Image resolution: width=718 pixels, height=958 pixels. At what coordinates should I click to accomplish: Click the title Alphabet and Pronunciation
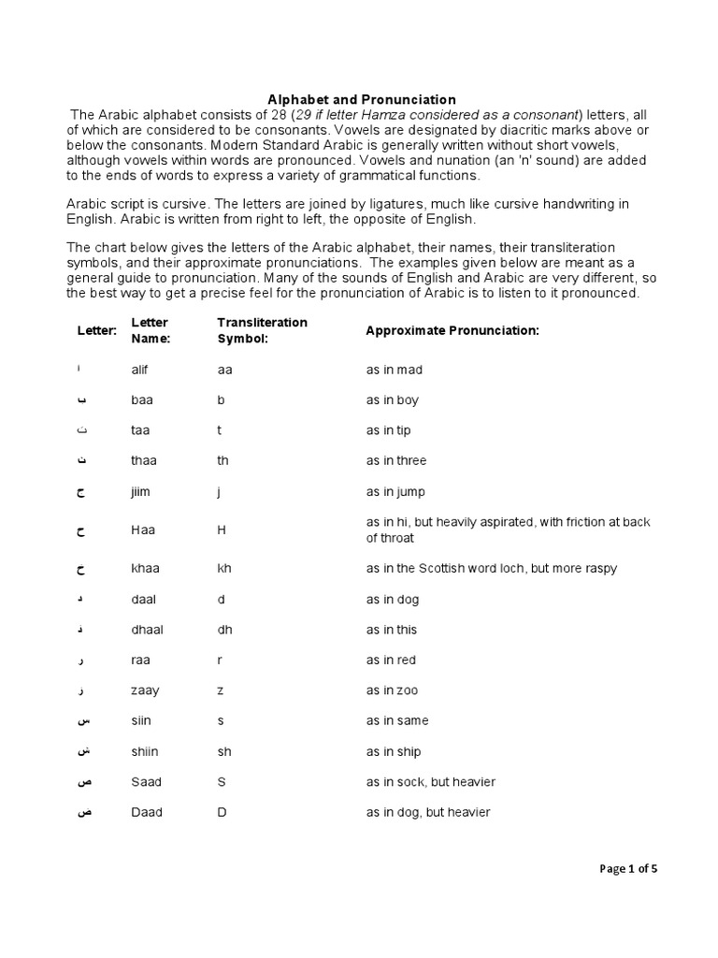click(x=362, y=99)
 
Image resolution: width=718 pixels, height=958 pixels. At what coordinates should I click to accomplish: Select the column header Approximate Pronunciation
click(x=452, y=331)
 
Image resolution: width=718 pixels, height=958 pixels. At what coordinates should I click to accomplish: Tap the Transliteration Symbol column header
click(x=262, y=330)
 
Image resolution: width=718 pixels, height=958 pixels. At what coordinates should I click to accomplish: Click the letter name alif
click(x=140, y=370)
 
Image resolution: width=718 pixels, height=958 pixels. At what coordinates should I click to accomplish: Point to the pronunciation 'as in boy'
click(x=393, y=400)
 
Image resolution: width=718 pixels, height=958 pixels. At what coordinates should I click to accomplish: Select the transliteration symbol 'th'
click(x=223, y=461)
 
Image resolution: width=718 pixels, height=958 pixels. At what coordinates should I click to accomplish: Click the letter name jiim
click(x=141, y=492)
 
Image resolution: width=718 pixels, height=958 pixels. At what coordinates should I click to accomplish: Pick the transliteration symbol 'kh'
click(x=224, y=569)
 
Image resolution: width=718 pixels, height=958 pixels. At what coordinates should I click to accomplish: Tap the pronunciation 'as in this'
click(x=392, y=630)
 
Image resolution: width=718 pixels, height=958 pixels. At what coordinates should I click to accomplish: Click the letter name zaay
click(x=145, y=690)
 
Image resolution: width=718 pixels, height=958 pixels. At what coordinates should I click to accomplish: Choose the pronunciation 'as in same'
click(x=396, y=721)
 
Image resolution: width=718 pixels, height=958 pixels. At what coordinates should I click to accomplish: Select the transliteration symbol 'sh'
click(x=224, y=751)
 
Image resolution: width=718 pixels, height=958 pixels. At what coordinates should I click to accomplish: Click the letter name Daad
click(x=147, y=812)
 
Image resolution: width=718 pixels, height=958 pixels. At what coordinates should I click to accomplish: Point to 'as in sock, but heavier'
click(x=431, y=782)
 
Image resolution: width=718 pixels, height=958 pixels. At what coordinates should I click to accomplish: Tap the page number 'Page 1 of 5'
click(x=628, y=869)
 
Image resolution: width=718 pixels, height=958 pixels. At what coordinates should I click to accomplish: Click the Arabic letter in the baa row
click(x=81, y=400)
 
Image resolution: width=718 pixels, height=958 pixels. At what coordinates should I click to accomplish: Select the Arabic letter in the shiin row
click(x=81, y=751)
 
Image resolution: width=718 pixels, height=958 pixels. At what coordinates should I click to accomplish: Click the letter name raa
click(x=139, y=660)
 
